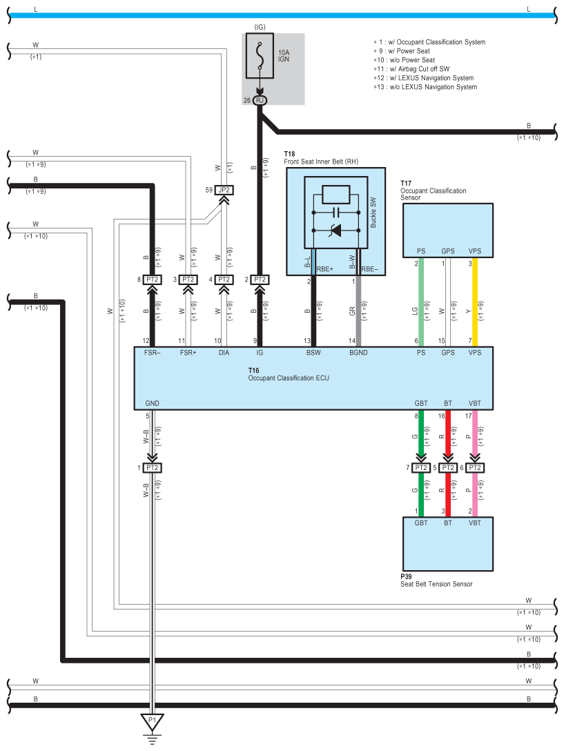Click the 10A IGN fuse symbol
260,57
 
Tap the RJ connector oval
260,100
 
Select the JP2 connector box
223,189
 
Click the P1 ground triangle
153,721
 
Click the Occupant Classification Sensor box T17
448,231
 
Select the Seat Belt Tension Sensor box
448,543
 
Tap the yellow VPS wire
474,304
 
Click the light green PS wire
420,304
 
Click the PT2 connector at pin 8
153,280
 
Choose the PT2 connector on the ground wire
153,468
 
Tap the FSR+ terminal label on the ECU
188,353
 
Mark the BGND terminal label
358,353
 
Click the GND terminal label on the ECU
152,402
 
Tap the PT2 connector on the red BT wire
448,468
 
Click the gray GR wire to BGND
358,304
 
